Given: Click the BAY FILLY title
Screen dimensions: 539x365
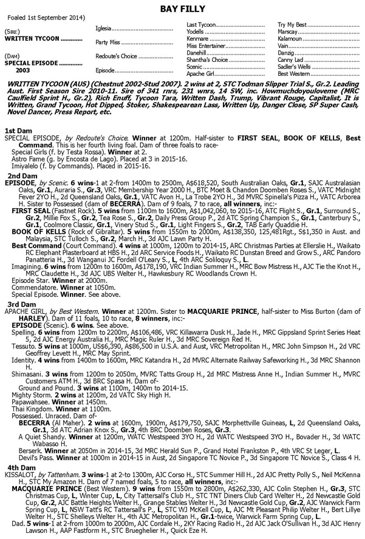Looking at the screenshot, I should (182, 7).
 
